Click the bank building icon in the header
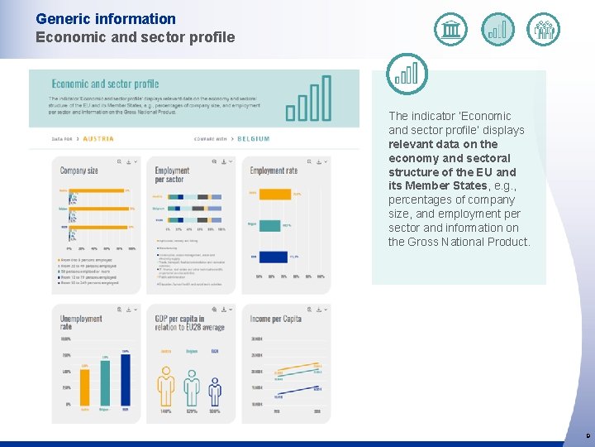click(x=450, y=30)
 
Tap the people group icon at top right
click(x=544, y=30)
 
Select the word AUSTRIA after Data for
click(x=98, y=139)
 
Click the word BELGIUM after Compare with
click(x=254, y=139)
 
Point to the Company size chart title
click(x=79, y=171)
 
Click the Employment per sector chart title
click(x=172, y=175)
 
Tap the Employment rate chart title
click(x=274, y=171)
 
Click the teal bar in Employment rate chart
click(x=269, y=224)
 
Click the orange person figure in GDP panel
click(x=166, y=386)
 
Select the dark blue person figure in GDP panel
click(x=215, y=391)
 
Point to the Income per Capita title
click(x=276, y=319)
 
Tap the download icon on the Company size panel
click(x=129, y=162)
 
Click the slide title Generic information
click(x=106, y=18)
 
